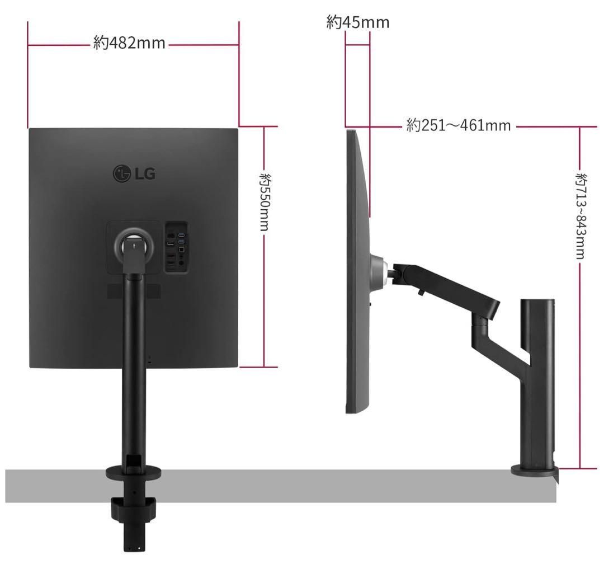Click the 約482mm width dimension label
130,43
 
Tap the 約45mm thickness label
357,22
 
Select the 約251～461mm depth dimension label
459,125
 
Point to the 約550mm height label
265,202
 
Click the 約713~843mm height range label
581,216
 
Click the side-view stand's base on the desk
534,471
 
